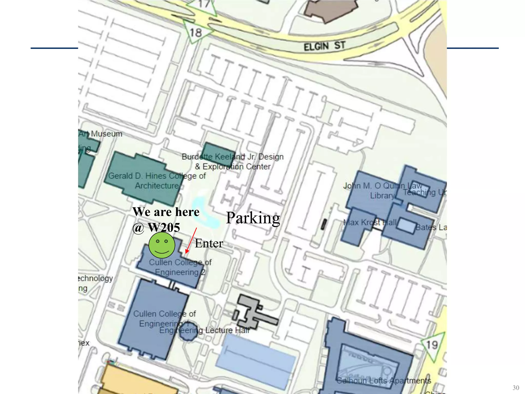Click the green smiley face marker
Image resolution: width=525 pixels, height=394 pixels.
click(x=162, y=245)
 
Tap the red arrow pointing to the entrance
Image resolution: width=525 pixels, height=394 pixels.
click(x=191, y=240)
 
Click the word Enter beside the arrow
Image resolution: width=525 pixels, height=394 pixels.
click(x=209, y=243)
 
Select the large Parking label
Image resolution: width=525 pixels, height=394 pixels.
click(x=253, y=218)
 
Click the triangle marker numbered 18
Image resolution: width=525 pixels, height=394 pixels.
click(x=196, y=32)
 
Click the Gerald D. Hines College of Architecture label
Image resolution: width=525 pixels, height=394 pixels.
click(x=157, y=181)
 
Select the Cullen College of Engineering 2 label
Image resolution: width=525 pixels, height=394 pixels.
click(x=180, y=267)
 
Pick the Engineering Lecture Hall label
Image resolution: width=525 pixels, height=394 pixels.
click(x=204, y=330)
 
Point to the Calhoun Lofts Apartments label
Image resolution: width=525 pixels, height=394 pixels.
click(x=383, y=380)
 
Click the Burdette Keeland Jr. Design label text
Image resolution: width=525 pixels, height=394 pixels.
click(x=233, y=157)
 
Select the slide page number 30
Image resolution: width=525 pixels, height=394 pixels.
click(x=516, y=388)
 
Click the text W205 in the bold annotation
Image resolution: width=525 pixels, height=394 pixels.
click(x=164, y=228)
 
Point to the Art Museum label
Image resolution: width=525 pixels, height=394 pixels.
click(x=100, y=134)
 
